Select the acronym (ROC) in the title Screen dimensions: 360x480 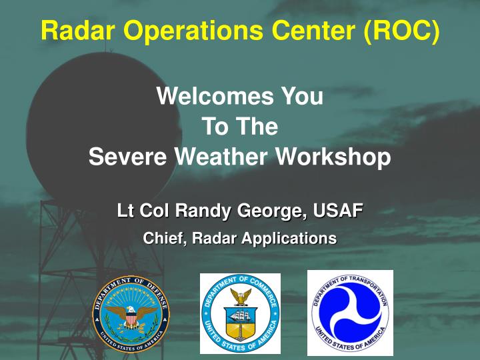402,31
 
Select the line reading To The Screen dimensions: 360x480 239,126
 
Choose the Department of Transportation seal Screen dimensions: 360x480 350,312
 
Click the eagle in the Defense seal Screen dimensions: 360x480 131,315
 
